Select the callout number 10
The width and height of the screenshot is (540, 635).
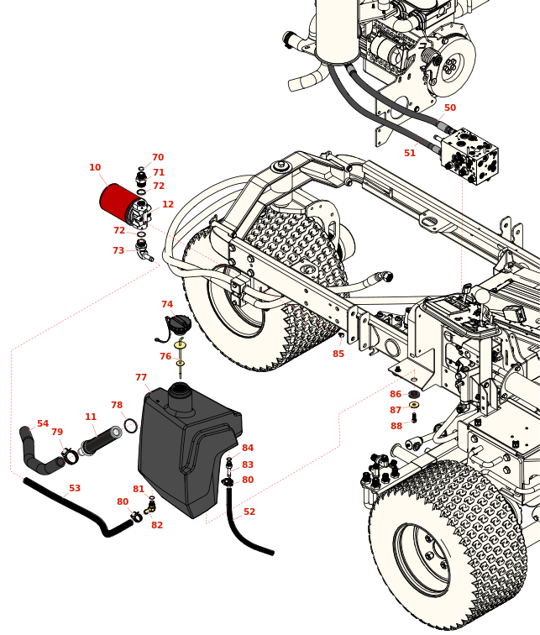point(95,168)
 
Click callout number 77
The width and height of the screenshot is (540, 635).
point(141,378)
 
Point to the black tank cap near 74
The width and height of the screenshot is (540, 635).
point(180,323)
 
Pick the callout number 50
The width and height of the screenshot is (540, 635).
point(450,108)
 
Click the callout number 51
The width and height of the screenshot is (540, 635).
point(410,154)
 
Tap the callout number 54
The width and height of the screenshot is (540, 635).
point(43,424)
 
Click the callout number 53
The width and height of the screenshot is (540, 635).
point(75,489)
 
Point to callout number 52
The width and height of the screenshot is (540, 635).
point(249,512)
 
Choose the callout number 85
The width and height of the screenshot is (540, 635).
point(338,354)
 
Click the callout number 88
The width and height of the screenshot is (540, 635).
point(396,427)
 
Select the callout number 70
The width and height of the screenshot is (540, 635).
point(158,158)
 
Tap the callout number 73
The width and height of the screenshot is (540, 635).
point(118,251)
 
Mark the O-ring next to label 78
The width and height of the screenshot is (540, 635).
point(131,426)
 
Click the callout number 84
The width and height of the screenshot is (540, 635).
point(248,449)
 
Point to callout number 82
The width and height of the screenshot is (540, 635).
point(157,526)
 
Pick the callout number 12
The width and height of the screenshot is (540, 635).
point(168,205)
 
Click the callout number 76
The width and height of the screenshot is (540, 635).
point(165,357)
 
